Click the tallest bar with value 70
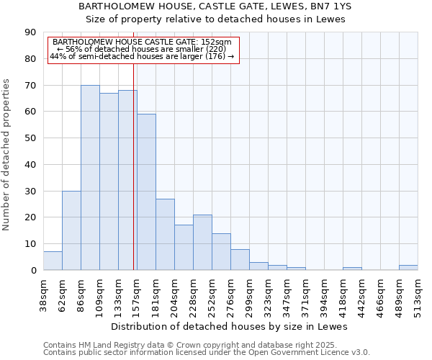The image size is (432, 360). tap(90, 177)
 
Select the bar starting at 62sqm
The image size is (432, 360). tap(71, 230)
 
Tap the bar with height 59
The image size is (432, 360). tap(146, 192)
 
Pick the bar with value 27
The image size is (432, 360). tap(165, 234)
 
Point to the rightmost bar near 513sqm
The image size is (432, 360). tap(408, 267)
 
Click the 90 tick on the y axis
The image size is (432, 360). tap(30, 32)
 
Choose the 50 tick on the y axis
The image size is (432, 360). tap(30, 138)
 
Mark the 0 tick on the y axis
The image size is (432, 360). tap(33, 270)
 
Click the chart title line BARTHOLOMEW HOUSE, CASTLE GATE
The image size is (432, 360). tap(215, 6)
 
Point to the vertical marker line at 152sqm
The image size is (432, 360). tap(134, 180)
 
